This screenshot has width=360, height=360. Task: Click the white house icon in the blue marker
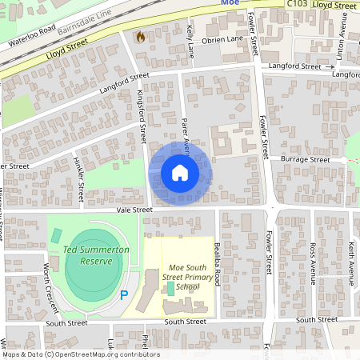point(180,172)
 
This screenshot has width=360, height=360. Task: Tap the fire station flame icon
point(141,37)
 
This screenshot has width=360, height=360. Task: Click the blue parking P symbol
point(124,295)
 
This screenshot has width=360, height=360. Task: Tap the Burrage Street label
point(308,160)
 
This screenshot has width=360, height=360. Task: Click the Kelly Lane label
point(190,41)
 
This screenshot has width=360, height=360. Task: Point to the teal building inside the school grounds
point(170,286)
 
